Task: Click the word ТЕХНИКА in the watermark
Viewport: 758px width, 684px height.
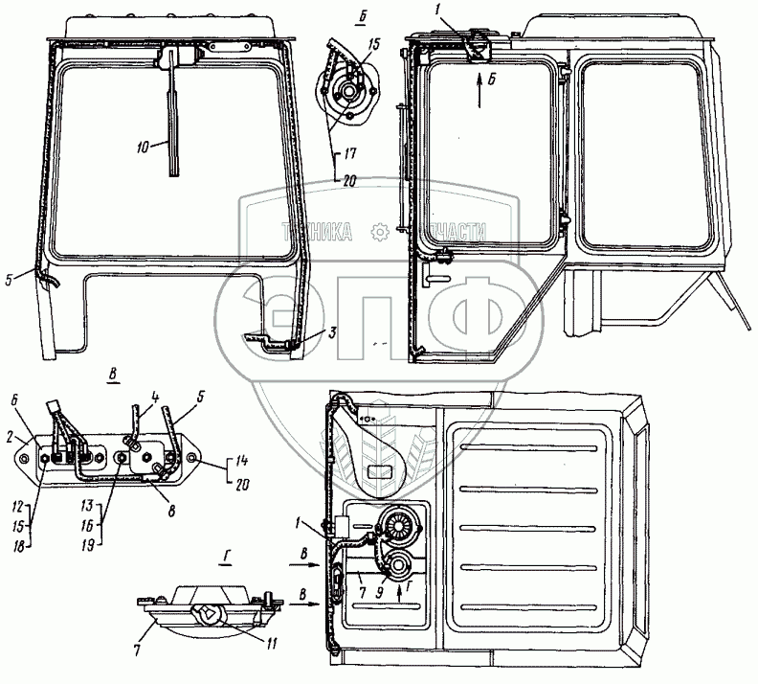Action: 316,231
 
